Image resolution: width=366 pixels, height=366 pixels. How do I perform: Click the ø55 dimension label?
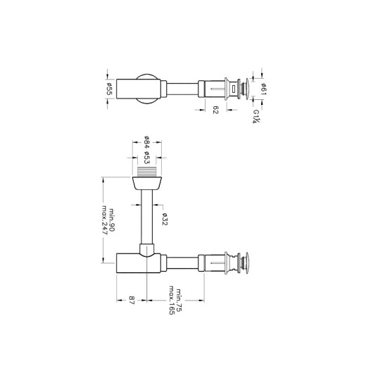111,89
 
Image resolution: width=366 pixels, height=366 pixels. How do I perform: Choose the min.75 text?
179,299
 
